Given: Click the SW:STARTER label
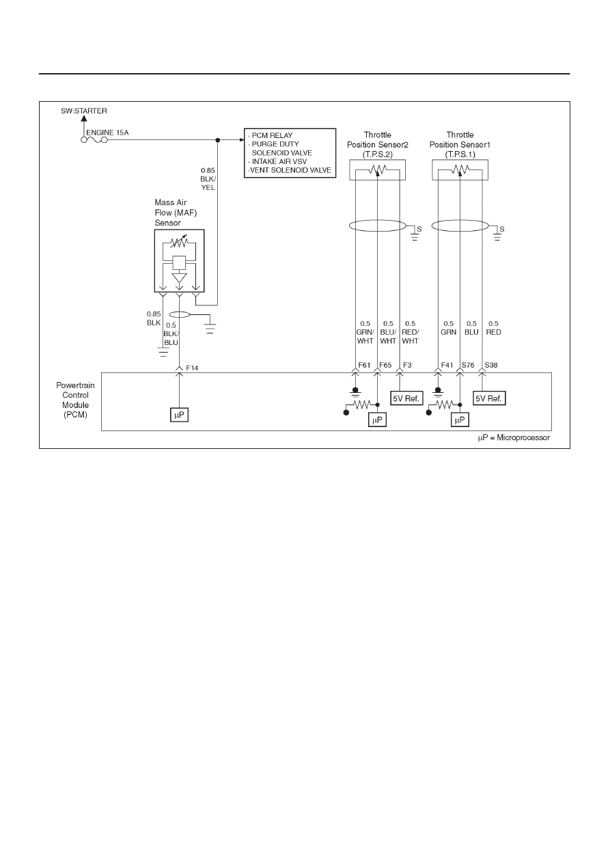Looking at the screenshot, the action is click(x=84, y=111).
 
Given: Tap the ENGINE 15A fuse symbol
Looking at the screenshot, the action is click(x=94, y=140).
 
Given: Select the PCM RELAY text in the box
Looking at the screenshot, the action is click(x=272, y=135).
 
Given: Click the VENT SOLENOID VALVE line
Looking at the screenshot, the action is click(x=290, y=170).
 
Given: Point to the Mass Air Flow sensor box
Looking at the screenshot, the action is click(x=179, y=261).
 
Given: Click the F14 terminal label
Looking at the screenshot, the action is click(x=192, y=368).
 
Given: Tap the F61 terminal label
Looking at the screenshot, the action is click(x=364, y=365).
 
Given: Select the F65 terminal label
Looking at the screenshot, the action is click(x=385, y=365).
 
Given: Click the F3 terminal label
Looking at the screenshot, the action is click(x=407, y=365).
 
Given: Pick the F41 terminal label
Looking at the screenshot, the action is click(x=447, y=365).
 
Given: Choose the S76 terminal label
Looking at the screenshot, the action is click(x=468, y=365).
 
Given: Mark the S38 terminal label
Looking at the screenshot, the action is click(x=490, y=365).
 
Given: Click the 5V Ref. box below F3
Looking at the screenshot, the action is click(x=406, y=398).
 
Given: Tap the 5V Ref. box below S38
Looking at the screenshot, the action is click(x=489, y=398).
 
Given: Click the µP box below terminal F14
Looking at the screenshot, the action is click(x=179, y=415).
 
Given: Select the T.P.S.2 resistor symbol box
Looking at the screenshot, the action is click(x=377, y=170).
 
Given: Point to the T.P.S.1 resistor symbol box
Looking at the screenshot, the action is click(x=460, y=170).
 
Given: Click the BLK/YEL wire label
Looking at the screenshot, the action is click(x=208, y=183).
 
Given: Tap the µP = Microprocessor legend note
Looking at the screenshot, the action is click(x=514, y=438).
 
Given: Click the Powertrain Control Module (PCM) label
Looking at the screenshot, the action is click(x=75, y=400).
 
